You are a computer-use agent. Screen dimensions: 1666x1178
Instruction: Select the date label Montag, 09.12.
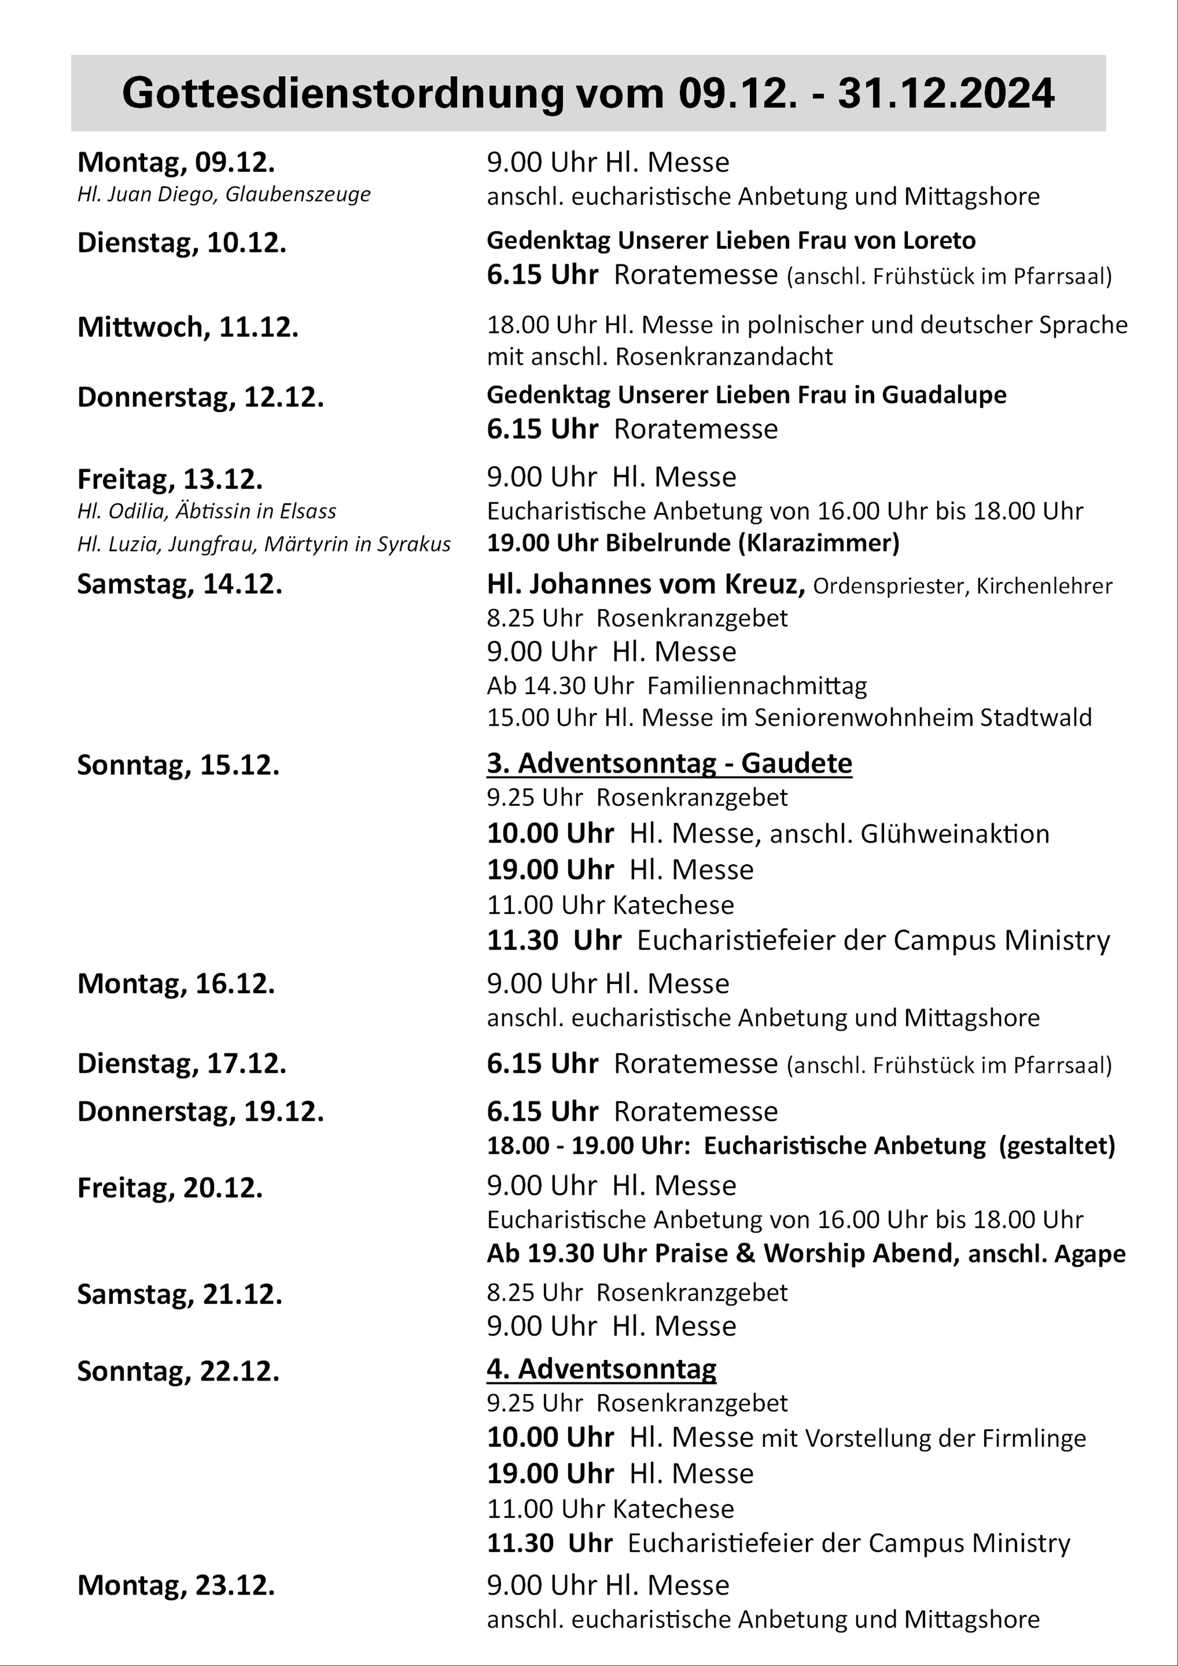[x=176, y=162]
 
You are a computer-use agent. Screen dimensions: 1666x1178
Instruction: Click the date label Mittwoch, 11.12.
[x=187, y=327]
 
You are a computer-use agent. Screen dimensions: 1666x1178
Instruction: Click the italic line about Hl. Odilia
[x=206, y=511]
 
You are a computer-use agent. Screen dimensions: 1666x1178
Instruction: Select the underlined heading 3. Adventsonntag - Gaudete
[x=669, y=763]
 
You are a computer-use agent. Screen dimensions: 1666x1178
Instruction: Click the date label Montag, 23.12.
[x=176, y=1585]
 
